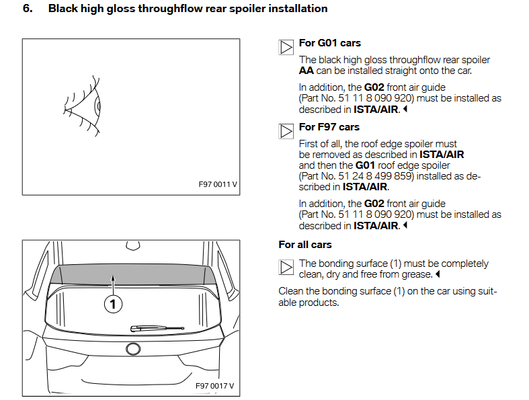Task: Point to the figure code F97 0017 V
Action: pos(214,386)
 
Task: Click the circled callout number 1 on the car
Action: pos(113,305)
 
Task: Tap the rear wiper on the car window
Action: pos(157,327)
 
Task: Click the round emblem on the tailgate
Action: pos(132,348)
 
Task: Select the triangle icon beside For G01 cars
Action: pos(286,47)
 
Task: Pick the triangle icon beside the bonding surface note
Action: pos(286,268)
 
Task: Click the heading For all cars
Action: pos(305,245)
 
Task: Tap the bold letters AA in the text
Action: pos(307,71)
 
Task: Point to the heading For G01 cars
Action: pos(329,43)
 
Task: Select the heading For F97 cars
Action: pos(329,127)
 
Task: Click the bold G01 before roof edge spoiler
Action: pos(365,165)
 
